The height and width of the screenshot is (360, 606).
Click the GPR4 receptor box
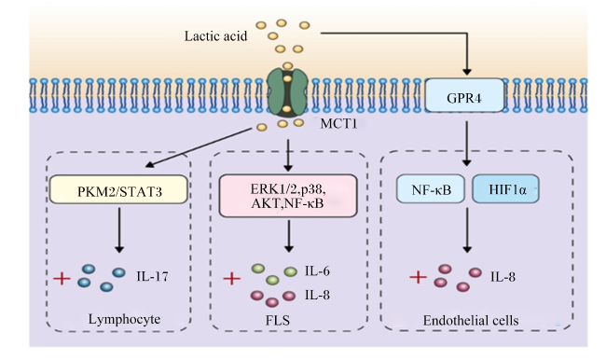pos(464,95)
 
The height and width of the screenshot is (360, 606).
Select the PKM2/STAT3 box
pos(118,189)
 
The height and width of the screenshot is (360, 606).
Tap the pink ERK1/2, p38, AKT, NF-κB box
pos(288,196)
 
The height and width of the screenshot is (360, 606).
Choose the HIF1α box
pos(506,188)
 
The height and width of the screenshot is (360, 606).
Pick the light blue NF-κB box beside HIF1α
pos(431,188)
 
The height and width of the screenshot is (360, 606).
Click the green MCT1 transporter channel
pos(287,93)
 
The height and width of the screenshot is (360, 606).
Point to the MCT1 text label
pos(338,124)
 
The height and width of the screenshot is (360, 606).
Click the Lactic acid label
pos(215,36)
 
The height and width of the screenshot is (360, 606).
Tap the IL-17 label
pos(152,276)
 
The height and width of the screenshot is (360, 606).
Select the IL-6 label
pos(317,271)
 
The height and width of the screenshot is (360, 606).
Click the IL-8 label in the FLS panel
pos(317,295)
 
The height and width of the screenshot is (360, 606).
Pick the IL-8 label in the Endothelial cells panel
pos(503,277)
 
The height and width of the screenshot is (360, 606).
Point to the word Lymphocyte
pos(124,319)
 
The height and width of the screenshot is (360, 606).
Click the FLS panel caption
pos(278,321)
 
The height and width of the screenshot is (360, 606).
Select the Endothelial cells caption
pos(471,321)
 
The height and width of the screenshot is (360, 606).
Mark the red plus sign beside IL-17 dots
pos(62,278)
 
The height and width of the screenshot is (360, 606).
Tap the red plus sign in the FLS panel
pos(232,278)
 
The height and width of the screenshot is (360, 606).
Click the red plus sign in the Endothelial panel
pos(418,277)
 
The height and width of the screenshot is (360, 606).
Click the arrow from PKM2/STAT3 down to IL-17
pos(119,230)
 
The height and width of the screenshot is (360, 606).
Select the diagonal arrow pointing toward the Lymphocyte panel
pos(199,148)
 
